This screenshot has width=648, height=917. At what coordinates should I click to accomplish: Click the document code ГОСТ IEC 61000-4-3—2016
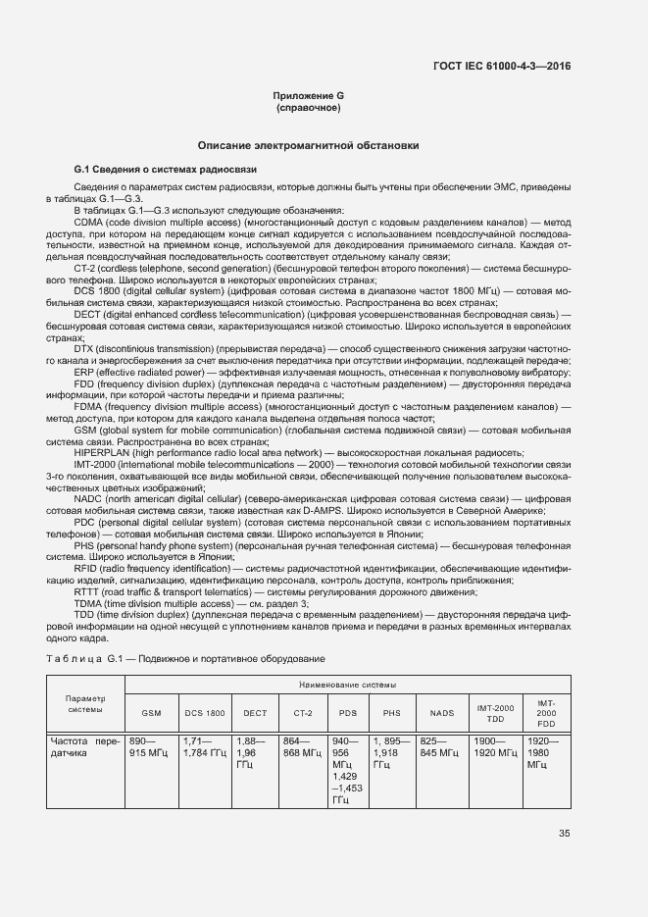click(501, 66)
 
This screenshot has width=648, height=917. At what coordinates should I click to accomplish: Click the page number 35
click(564, 835)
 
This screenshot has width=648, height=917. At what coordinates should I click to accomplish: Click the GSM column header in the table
click(152, 713)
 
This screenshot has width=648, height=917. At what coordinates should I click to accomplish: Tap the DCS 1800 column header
click(204, 713)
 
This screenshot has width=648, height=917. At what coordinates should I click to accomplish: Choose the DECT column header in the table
click(255, 713)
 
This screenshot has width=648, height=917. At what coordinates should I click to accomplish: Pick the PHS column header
click(391, 713)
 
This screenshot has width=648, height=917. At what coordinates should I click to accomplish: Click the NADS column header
click(440, 713)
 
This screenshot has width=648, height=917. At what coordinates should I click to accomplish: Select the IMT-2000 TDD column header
click(495, 712)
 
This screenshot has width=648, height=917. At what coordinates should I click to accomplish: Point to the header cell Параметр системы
click(84, 704)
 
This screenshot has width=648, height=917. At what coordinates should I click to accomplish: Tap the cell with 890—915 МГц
click(151, 747)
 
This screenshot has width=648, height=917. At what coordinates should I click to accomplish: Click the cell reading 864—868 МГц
click(302, 747)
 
